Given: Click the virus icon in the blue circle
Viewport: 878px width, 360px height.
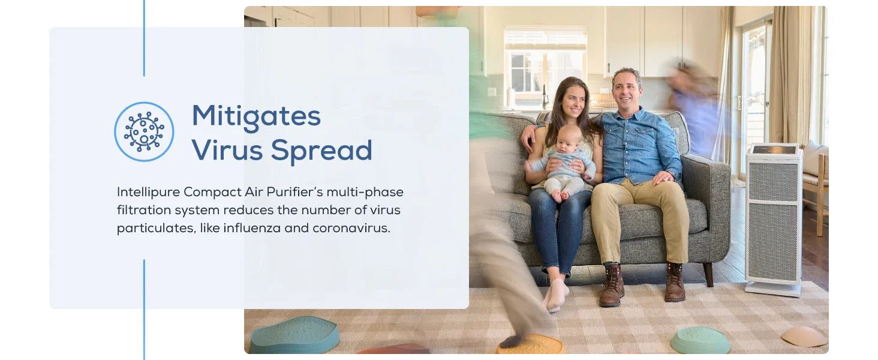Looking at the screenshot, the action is [x=144, y=132].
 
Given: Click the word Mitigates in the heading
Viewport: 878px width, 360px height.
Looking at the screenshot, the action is [x=256, y=116].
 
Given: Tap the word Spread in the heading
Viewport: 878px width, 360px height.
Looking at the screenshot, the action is [x=321, y=151].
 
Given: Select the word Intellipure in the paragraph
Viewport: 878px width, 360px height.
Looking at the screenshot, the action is [x=149, y=192].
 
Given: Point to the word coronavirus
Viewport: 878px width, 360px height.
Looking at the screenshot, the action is [x=351, y=228].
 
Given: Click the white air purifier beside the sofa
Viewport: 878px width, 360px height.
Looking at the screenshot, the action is [x=773, y=219].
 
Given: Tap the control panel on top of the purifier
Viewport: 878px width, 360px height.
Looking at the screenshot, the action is [x=774, y=150].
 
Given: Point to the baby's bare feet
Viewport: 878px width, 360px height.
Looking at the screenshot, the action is [x=560, y=195].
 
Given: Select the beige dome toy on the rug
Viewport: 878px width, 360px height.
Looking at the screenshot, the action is [x=804, y=337].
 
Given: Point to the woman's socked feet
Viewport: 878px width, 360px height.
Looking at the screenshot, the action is [x=556, y=295].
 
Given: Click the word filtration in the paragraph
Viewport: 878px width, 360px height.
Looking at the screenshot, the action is [x=144, y=210].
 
